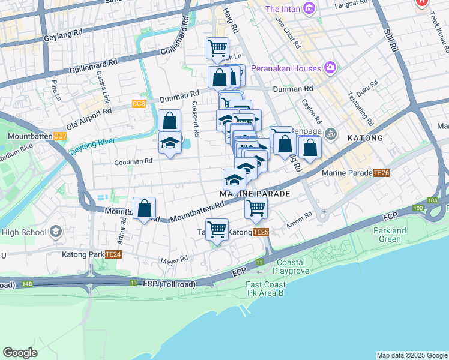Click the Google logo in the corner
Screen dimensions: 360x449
pos(20,352)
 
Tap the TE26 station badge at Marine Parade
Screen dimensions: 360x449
pos(381,173)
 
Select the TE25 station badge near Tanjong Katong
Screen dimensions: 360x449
pos(260,232)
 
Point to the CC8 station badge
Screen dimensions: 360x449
pos(139,104)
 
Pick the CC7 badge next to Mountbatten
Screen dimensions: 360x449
pos(60,136)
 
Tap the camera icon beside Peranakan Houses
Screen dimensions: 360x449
pos(330,67)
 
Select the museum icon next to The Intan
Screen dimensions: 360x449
pos(309,8)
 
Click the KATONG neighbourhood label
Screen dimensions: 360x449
pos(365,138)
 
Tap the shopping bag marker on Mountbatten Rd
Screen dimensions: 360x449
pos(145,209)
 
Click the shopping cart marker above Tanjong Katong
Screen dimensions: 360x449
pos(217,230)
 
